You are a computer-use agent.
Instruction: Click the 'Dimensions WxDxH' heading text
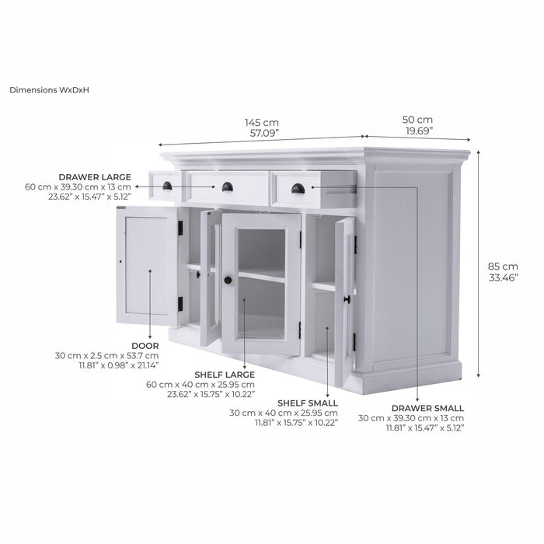[x=49, y=90]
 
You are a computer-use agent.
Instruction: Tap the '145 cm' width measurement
[x=262, y=123]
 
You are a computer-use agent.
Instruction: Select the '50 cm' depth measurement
[x=417, y=120]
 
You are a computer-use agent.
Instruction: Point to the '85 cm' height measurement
[x=503, y=267]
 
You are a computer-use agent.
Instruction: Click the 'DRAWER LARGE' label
[x=95, y=177]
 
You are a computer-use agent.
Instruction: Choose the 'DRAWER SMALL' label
[x=427, y=408]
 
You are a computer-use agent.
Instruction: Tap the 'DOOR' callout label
[x=145, y=346]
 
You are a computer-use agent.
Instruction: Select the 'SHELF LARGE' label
[x=225, y=375]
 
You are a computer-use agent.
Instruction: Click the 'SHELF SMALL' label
[x=308, y=403]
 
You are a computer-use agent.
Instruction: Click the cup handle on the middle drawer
[x=228, y=187]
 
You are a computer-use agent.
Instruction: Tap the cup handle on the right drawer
[x=298, y=189]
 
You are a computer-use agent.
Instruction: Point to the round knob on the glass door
[x=228, y=280]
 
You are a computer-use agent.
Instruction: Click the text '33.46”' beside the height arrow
[x=504, y=278]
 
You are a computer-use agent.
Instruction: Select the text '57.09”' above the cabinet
[x=265, y=133]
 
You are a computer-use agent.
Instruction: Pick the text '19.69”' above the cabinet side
[x=420, y=131]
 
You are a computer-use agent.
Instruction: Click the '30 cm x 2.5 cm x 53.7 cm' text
[x=107, y=356]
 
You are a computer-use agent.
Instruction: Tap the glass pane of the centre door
[x=261, y=284]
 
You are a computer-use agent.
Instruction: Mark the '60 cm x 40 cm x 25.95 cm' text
[x=201, y=385]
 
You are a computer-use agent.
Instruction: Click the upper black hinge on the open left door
[x=180, y=228]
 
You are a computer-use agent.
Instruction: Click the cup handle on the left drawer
[x=167, y=186]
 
